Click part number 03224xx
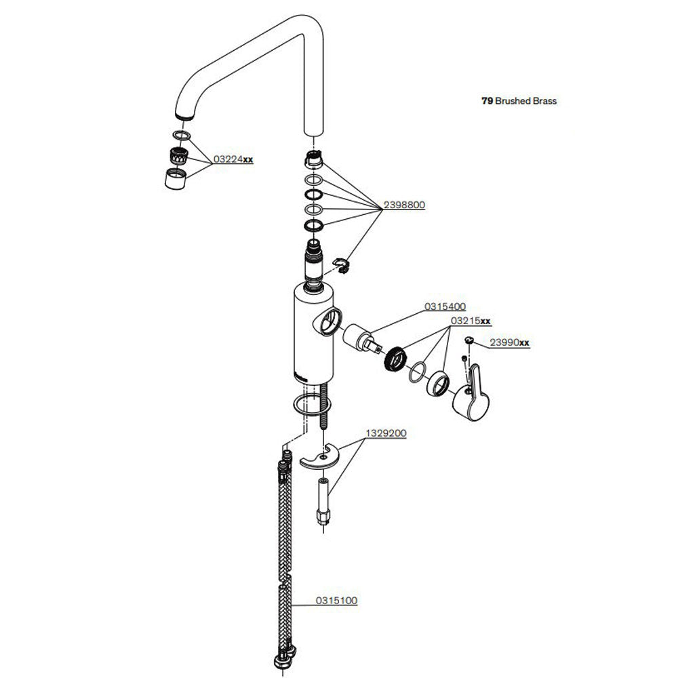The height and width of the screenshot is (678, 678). (x=233, y=160)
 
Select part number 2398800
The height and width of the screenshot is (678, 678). (x=404, y=204)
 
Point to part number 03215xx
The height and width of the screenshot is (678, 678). (x=471, y=321)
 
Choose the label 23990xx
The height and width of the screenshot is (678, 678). (x=509, y=343)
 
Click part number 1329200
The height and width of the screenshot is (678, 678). (x=386, y=433)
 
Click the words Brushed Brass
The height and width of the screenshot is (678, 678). (x=526, y=100)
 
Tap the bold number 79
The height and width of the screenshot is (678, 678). (x=486, y=100)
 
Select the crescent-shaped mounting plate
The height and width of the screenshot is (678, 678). (x=317, y=458)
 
